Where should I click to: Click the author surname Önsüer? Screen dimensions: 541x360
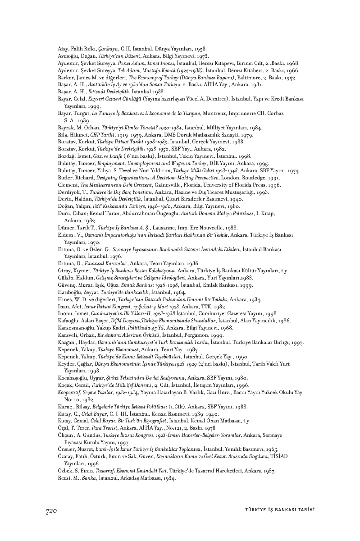pos(68,449)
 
